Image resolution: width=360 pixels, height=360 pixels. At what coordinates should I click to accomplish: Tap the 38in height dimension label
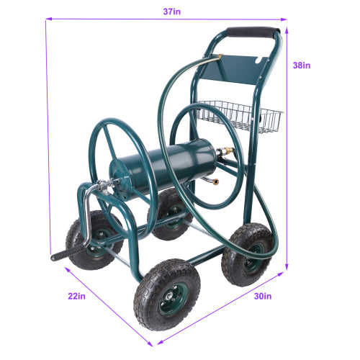302,66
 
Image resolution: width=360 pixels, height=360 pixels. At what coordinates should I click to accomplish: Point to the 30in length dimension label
263,296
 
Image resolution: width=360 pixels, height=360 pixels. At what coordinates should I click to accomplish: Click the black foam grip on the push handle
253,33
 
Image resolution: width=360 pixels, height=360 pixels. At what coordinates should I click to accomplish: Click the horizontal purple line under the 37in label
165,19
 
